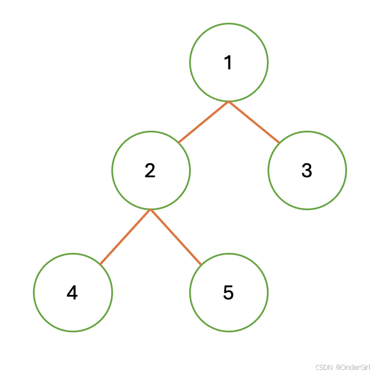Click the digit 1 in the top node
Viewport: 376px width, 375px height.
pos(228,63)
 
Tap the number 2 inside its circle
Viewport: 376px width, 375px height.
pos(150,170)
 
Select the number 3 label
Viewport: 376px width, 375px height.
pos(307,170)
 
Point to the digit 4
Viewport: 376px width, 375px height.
pos(72,293)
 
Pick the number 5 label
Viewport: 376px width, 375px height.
pos(228,293)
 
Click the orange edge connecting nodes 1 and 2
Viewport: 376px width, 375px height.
pos(203,122)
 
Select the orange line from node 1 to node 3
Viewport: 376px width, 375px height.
pos(254,122)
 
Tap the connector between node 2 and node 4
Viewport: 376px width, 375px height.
pos(125,237)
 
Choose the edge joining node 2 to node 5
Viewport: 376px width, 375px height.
pos(176,237)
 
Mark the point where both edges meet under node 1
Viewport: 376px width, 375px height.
pos(228,102)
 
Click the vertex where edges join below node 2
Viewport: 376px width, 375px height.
pos(151,210)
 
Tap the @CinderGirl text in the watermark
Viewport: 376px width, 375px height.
pos(353,368)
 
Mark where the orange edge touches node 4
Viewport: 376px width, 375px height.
pos(100,264)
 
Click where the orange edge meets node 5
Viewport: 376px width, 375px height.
pos(201,264)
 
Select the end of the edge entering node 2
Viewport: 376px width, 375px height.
pos(178,142)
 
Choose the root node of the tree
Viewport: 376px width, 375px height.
pos(228,63)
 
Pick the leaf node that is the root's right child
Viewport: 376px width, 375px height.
pos(307,170)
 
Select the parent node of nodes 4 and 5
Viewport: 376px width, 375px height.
pos(151,170)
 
